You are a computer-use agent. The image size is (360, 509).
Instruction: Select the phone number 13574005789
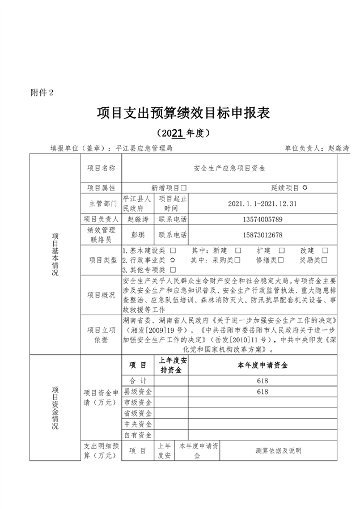tap(262, 219)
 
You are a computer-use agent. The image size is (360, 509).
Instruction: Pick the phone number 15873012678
tap(262, 235)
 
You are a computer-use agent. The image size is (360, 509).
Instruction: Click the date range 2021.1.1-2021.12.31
tap(262, 203)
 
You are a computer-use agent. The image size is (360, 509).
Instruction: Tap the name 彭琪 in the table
tap(137, 235)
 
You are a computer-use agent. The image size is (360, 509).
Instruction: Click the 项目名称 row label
tap(101, 168)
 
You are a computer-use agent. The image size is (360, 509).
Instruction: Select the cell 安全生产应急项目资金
tap(229, 168)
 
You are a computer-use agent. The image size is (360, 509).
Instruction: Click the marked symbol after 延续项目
tap(304, 187)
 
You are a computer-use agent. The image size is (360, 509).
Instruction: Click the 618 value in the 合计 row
tap(262, 381)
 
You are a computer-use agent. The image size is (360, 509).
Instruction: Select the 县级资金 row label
tap(138, 392)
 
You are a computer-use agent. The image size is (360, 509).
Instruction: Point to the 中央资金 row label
tap(138, 424)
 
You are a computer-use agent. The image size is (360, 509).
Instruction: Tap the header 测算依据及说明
tap(278, 451)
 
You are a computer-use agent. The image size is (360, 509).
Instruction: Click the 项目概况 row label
tap(101, 295)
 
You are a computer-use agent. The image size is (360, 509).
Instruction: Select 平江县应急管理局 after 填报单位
tap(144, 148)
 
